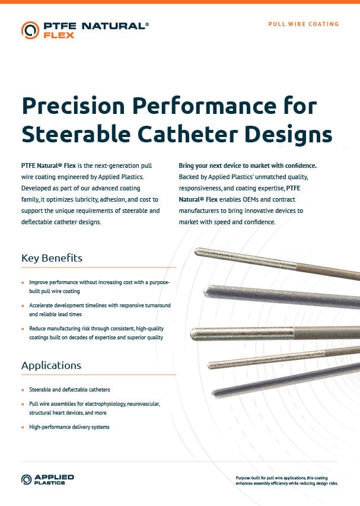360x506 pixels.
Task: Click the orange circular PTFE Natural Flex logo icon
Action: point(30,30)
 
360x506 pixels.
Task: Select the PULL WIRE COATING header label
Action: point(303,24)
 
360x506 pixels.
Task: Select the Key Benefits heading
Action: point(52,258)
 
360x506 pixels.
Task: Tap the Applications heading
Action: point(51,365)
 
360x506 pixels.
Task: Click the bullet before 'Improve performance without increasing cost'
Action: point(23,284)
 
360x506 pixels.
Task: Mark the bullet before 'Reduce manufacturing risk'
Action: point(23,328)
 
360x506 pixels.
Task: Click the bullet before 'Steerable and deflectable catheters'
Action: point(23,390)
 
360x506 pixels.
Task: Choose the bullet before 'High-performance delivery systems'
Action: point(23,427)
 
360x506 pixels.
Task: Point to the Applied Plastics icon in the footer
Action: point(27,479)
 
